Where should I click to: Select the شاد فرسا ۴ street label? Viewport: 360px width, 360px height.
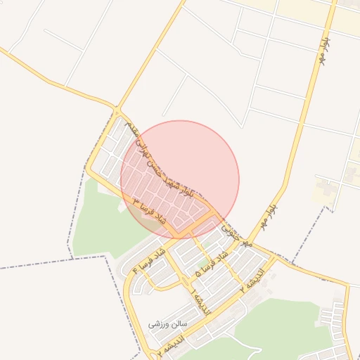point(150,260)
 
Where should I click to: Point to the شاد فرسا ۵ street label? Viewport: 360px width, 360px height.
point(213,263)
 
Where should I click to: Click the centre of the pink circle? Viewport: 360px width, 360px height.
point(180,179)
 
